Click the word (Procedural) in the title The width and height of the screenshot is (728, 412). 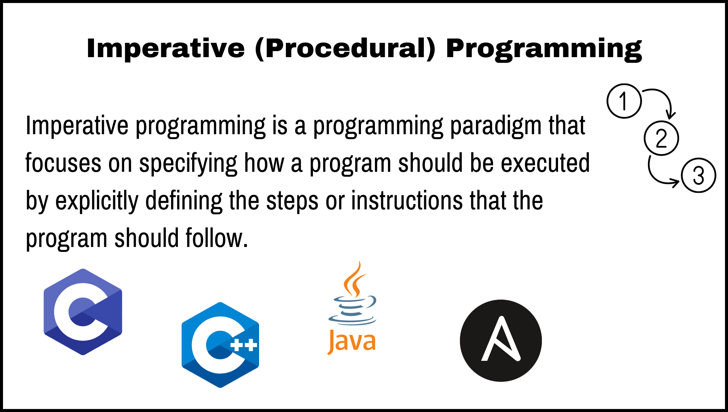point(345,49)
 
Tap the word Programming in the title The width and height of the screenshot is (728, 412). point(544,49)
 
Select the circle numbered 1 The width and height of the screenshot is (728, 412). point(624,101)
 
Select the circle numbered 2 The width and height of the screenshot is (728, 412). point(661,138)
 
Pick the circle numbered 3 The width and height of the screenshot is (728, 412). point(698,175)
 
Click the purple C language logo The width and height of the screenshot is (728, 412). point(83,312)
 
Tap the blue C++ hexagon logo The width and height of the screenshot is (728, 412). point(220,345)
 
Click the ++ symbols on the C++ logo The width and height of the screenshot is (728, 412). point(244,345)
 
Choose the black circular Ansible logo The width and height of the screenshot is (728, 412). point(501,340)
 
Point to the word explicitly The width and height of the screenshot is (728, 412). point(97,201)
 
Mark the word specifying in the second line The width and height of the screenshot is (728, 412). point(188,164)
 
